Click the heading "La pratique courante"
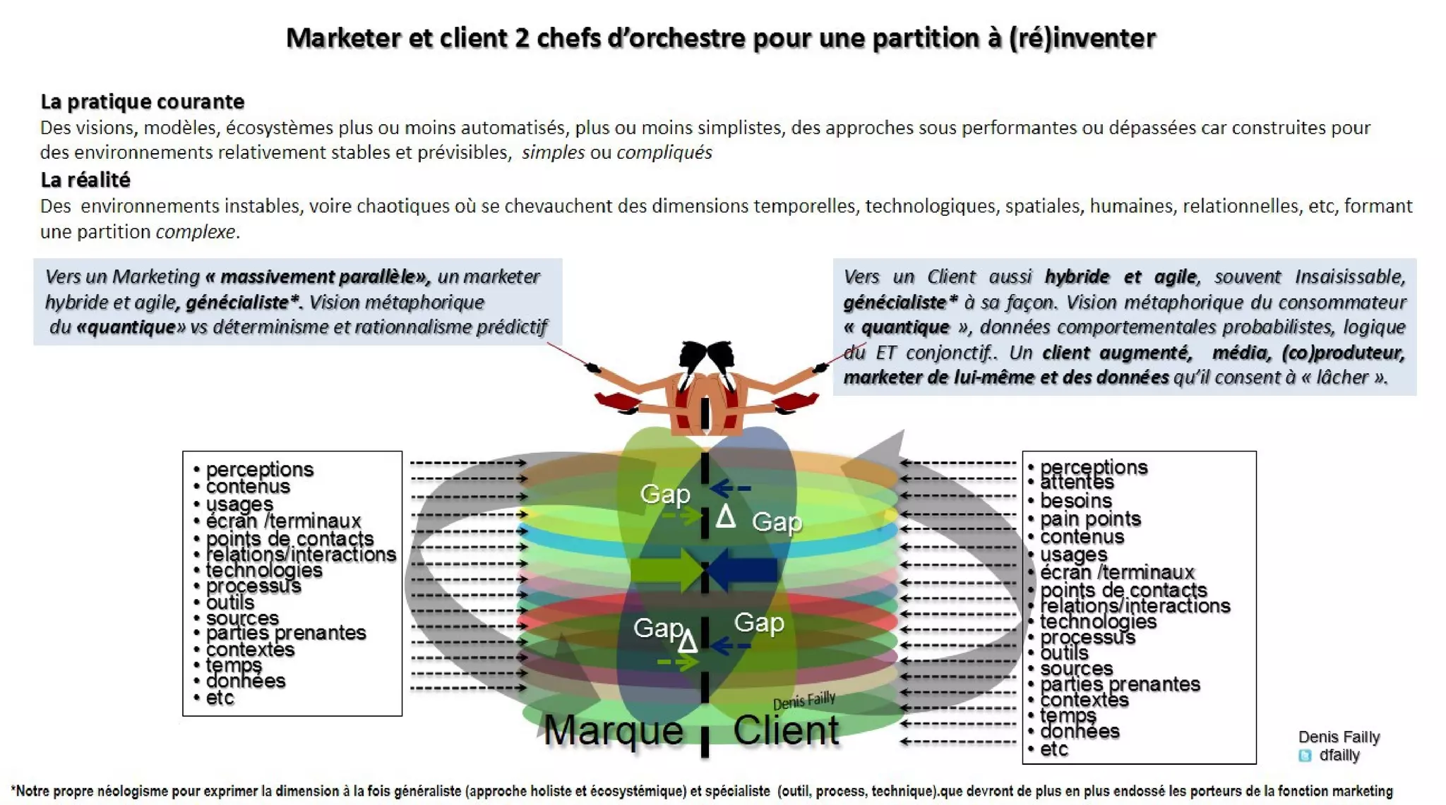(142, 102)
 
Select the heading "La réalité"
(85, 180)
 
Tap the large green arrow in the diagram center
(666, 569)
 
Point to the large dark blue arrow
(743, 569)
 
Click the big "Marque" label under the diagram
(613, 730)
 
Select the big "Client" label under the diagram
(786, 730)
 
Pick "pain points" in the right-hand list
(1090, 519)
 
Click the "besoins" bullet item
(1075, 501)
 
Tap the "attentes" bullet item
(1077, 483)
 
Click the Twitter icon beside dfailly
(1305, 756)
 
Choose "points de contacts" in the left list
(289, 538)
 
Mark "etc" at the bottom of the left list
(220, 698)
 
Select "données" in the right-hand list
(1080, 732)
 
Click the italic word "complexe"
(196, 231)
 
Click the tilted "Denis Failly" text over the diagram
(804, 701)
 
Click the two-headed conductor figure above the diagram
(706, 388)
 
